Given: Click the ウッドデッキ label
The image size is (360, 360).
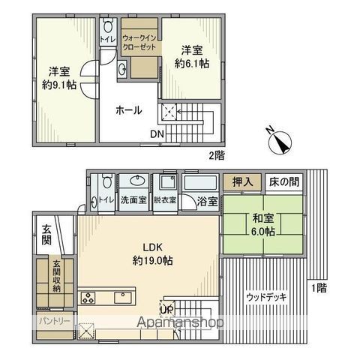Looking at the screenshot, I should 265,296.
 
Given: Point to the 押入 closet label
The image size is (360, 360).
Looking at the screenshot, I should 241,182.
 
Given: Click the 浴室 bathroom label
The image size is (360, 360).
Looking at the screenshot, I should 208,201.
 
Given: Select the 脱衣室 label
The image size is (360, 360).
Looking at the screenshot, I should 164,200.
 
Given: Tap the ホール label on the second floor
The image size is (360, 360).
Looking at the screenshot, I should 128,110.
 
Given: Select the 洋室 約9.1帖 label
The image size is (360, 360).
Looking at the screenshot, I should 59,77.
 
